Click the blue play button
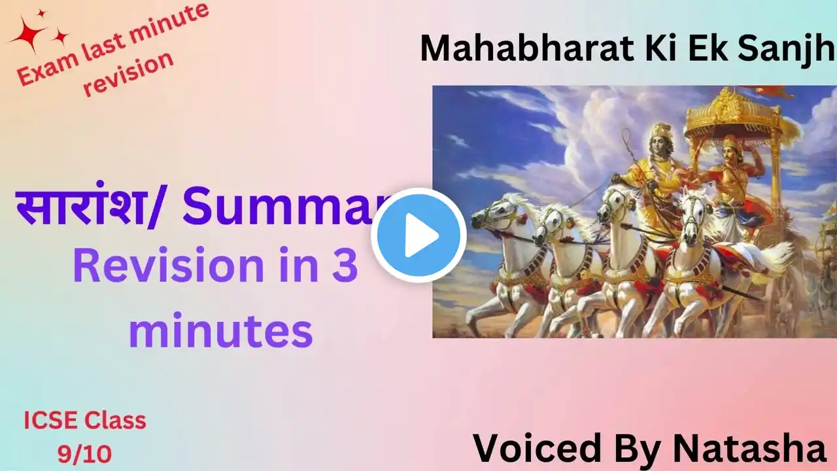[418, 235]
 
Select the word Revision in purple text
[169, 266]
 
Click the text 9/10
[85, 454]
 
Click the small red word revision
[128, 73]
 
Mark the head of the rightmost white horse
[695, 209]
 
